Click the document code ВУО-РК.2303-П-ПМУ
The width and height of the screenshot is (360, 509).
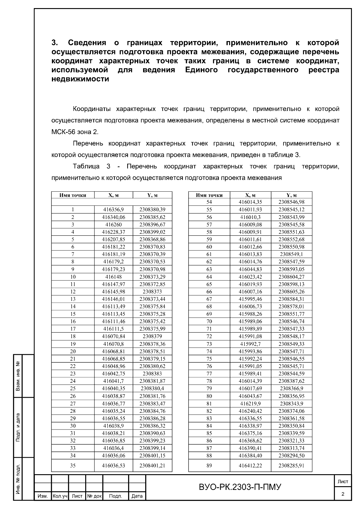pyautogui.click(x=240, y=487)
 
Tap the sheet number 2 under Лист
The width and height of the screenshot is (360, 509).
pyautogui.click(x=343, y=494)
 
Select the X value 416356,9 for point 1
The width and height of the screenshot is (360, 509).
pyautogui.click(x=113, y=210)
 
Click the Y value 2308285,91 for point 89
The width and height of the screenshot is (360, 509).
pyautogui.click(x=291, y=466)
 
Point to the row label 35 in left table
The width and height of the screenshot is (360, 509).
pyautogui.click(x=73, y=466)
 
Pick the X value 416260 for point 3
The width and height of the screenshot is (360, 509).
pyautogui.click(x=113, y=224)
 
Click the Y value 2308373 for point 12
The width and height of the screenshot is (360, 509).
pyautogui.click(x=152, y=292)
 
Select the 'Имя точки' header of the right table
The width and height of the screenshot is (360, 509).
pyautogui.click(x=209, y=195)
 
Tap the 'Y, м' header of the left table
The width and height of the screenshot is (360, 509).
pyautogui.click(x=152, y=195)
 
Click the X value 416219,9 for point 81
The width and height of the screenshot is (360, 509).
pyautogui.click(x=250, y=403)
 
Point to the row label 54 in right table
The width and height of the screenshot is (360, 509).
pyautogui.click(x=209, y=202)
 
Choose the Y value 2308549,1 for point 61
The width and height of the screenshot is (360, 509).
pyautogui.click(x=291, y=254)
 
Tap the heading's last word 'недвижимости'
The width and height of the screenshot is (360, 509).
pyautogui.click(x=80, y=79)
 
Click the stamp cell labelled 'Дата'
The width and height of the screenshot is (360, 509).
pyautogui.click(x=137, y=496)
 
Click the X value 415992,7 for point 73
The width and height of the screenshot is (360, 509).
pyautogui.click(x=250, y=344)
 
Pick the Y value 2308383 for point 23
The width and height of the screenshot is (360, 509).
pyautogui.click(x=152, y=374)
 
